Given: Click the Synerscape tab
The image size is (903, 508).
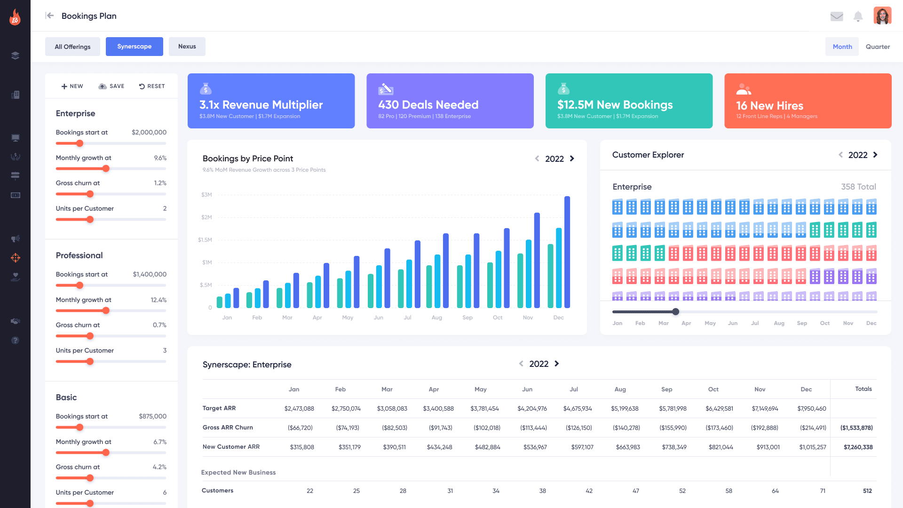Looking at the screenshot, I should coord(134,47).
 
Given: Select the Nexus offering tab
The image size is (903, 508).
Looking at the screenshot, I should coord(187,47).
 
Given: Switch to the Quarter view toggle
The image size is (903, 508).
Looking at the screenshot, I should coord(878,47).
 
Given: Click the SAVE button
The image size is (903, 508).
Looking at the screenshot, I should coord(111,86).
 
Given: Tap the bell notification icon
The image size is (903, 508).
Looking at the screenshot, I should coord(858,16).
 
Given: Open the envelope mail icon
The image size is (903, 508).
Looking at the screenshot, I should coord(837,16).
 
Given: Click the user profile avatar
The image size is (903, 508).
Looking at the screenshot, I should coord(882,16).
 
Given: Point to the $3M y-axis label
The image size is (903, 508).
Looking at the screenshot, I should coord(206,195).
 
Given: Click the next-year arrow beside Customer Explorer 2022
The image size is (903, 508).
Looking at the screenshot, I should coord(875,155).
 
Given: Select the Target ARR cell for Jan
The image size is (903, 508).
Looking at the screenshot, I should coord(299,408).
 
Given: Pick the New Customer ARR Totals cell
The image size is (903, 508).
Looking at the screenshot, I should coord(858,447).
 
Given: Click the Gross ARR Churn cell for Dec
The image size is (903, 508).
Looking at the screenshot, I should coord(813,428).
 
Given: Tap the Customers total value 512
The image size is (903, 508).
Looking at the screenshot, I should coord(867,491).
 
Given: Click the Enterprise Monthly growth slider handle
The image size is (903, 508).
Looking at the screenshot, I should coord(106,168).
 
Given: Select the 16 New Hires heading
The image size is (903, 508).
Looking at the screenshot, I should coord(769,105).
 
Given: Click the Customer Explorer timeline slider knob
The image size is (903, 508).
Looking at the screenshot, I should coord(675,311).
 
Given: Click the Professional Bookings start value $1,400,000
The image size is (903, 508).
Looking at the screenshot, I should coord(150,274).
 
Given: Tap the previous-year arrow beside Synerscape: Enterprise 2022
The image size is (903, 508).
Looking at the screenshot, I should coord(521,364).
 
